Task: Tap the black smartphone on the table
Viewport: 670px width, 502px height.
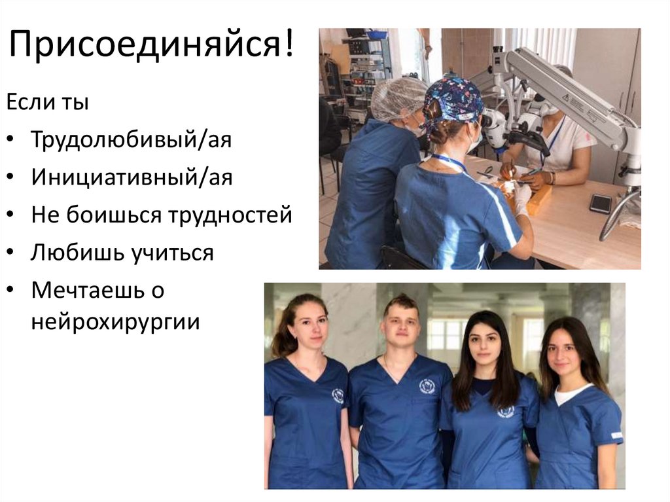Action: [601, 203]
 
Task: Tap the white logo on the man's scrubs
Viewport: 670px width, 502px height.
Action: [426, 386]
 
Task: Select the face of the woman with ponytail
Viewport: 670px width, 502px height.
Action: [308, 327]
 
